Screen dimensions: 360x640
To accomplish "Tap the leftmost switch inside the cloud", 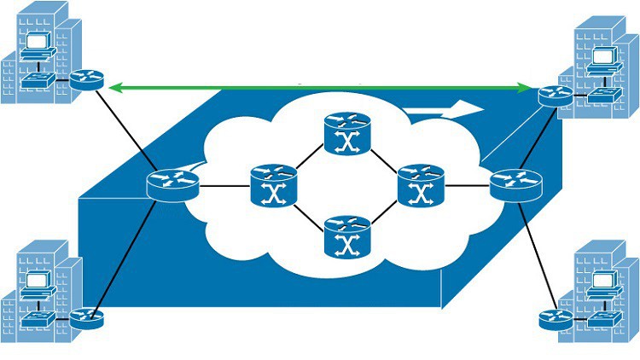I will pos(272,184).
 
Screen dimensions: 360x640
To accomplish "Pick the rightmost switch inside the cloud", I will pos(420,184).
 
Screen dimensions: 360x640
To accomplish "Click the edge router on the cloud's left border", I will pos(172,183).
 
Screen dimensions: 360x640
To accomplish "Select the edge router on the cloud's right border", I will pos(515,183).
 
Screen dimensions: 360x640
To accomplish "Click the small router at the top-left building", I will pos(86,80).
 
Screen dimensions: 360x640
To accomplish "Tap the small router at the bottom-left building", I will pos(85,319).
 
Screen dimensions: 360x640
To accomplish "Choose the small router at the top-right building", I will pos(556,96).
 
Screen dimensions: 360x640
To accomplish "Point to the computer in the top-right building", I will pos(604,57).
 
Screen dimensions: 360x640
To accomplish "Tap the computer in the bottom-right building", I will pos(604,282).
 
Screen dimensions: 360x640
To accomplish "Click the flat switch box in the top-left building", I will pos(39,79).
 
